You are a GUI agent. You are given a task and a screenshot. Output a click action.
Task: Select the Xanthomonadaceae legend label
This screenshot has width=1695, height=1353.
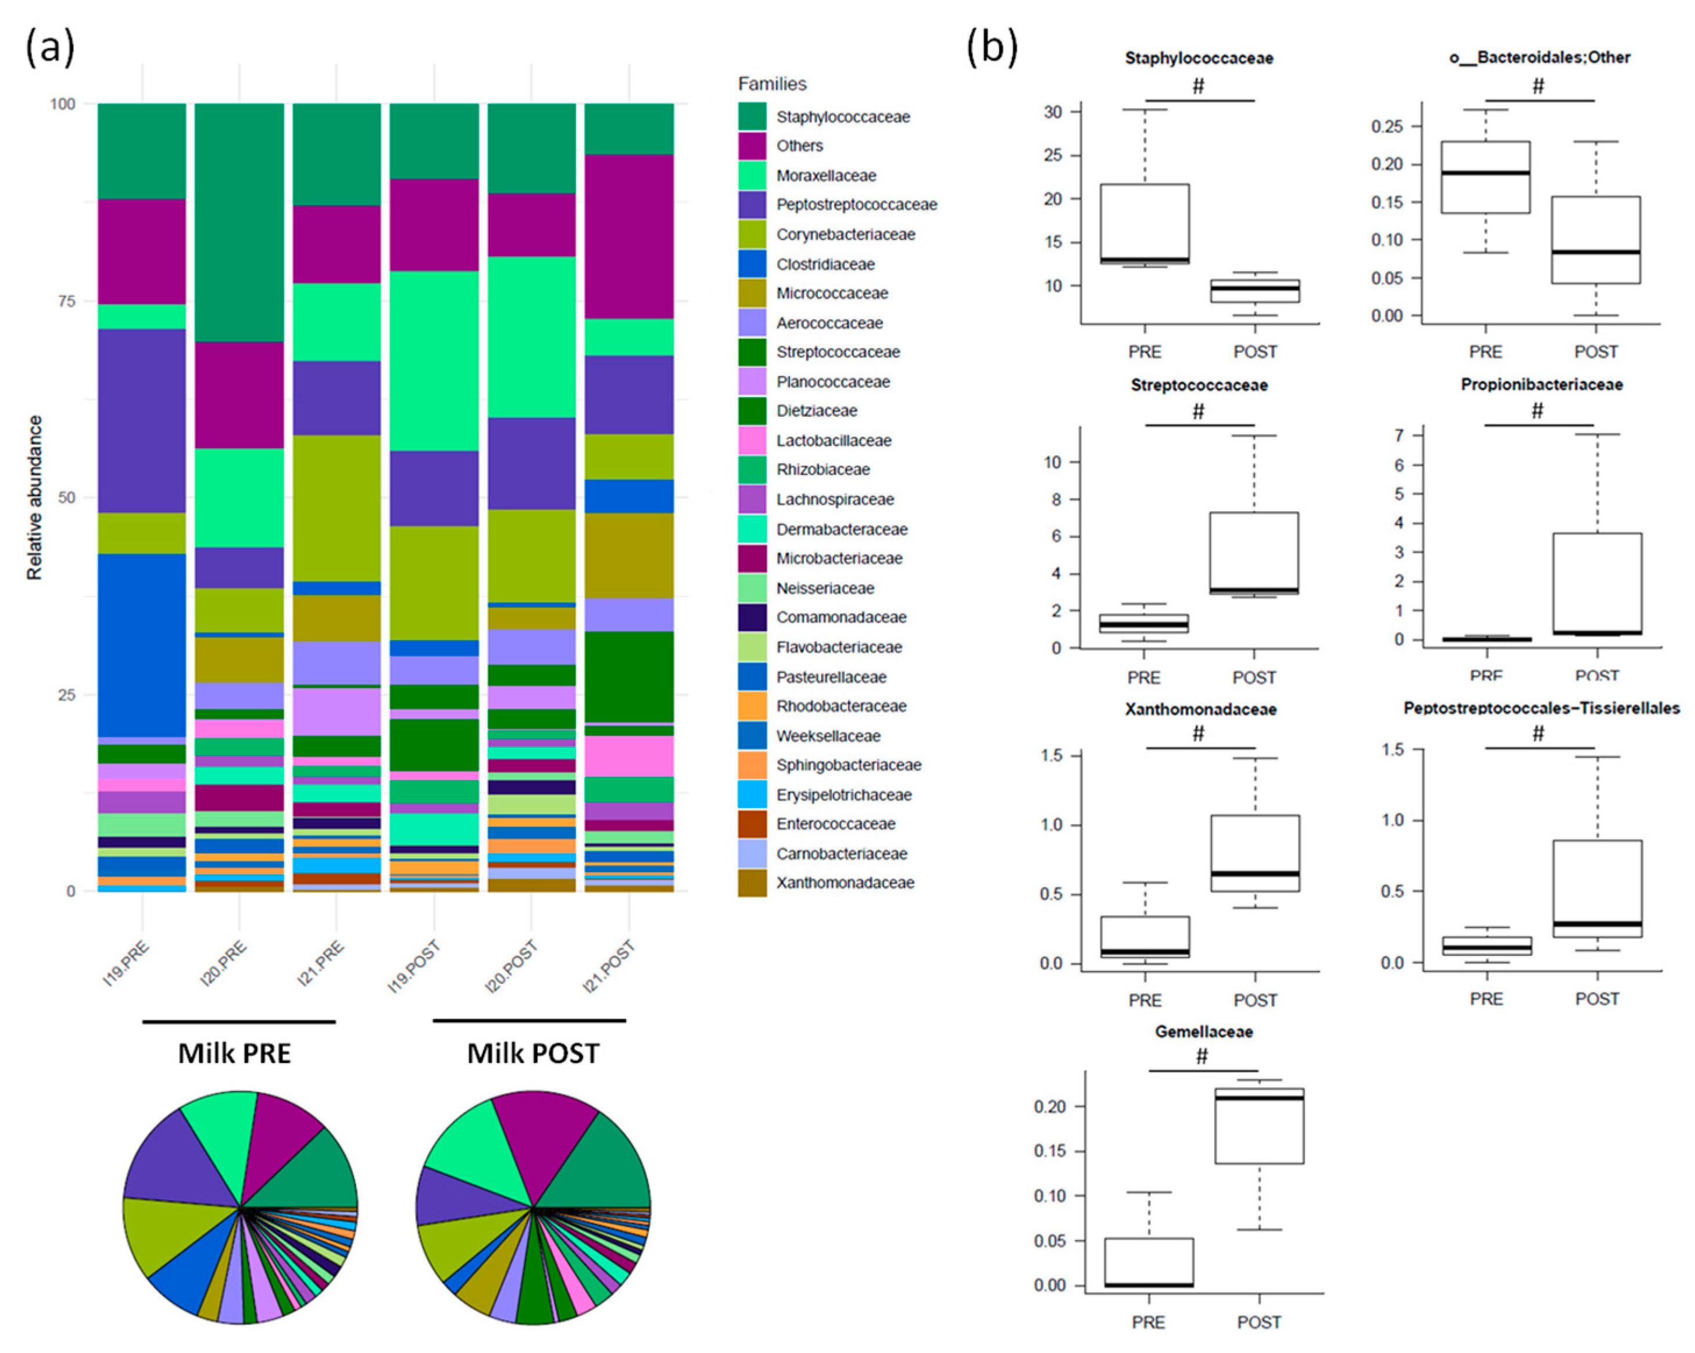tap(845, 883)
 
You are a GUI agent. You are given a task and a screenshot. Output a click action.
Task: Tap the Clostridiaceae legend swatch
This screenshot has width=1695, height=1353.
tap(752, 264)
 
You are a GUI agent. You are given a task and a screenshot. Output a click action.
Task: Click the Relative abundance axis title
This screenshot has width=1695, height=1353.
tap(35, 498)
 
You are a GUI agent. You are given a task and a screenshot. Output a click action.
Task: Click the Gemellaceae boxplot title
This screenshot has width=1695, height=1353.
tap(1204, 1031)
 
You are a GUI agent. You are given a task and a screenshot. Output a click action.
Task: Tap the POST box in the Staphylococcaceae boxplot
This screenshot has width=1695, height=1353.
tap(1255, 291)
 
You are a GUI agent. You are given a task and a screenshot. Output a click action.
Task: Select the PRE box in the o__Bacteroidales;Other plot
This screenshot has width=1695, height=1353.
tap(1485, 177)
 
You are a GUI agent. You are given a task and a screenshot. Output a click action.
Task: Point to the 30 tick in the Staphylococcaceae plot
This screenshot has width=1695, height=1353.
tap(1053, 112)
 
